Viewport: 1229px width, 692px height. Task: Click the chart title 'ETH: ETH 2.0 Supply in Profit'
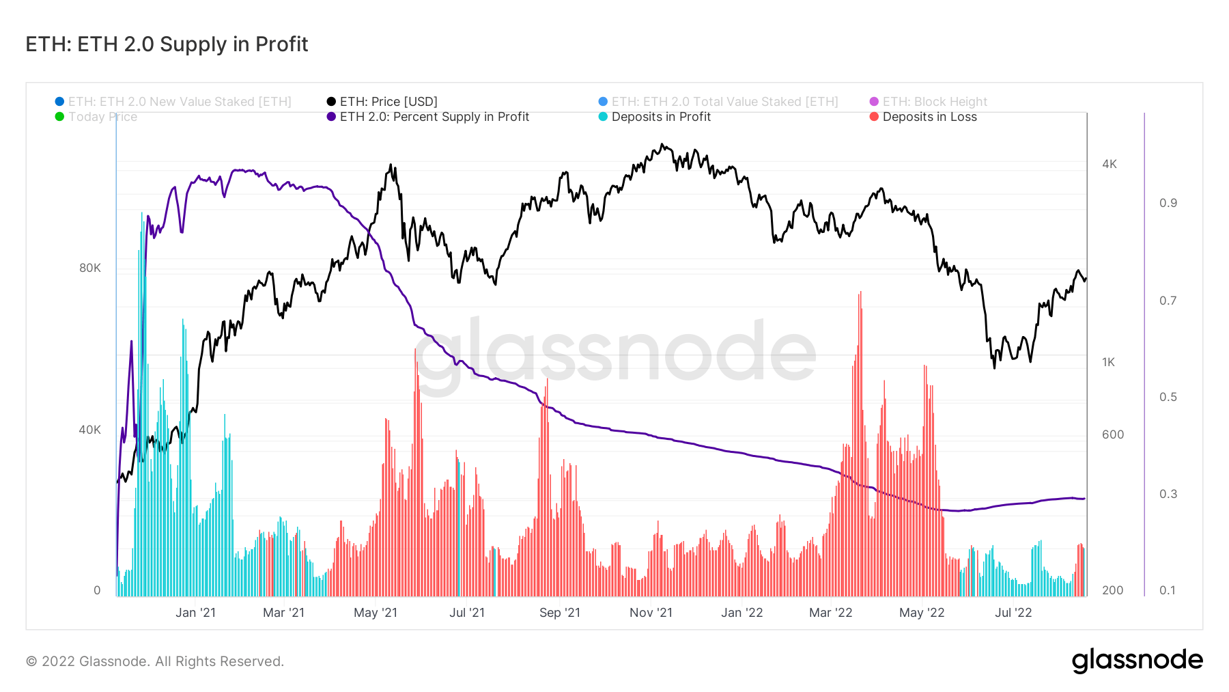click(167, 44)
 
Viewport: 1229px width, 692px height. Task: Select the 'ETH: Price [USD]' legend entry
click(388, 102)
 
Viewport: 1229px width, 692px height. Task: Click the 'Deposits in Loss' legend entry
click(929, 117)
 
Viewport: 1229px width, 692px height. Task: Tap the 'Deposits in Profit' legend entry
click(660, 117)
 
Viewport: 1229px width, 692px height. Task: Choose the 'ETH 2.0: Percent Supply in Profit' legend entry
click(434, 117)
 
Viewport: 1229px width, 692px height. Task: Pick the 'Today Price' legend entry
click(102, 117)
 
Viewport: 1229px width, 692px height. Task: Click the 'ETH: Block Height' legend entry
click(934, 102)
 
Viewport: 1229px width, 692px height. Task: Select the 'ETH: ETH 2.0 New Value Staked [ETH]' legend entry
click(179, 102)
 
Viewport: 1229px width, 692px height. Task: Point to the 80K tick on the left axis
click(89, 268)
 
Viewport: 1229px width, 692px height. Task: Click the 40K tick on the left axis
click(89, 430)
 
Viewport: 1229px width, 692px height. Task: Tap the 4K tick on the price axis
click(1110, 164)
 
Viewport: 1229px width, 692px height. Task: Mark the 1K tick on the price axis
click(1108, 362)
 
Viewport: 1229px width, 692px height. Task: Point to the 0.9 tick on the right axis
click(1168, 203)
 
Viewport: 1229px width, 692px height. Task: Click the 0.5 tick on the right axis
click(1168, 397)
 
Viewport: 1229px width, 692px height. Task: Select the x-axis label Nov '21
click(651, 613)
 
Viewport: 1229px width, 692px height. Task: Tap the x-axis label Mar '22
click(830, 613)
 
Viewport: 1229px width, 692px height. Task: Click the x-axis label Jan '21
click(195, 613)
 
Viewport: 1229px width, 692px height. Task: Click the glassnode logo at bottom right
click(1137, 661)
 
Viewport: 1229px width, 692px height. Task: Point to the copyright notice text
click(155, 661)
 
